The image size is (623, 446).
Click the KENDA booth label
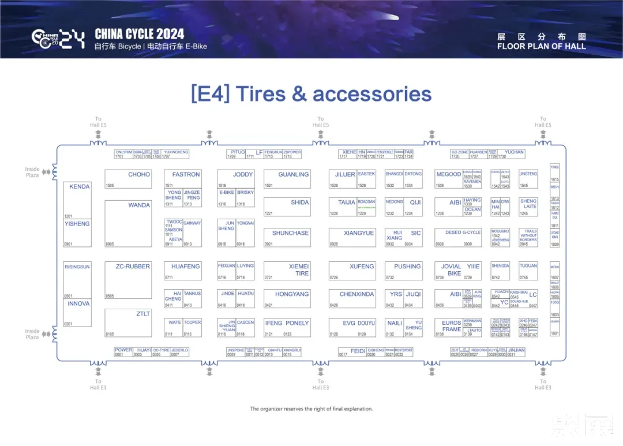(80, 187)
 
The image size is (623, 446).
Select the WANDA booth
(139, 205)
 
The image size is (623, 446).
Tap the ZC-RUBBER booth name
(133, 267)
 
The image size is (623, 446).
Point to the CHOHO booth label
(139, 174)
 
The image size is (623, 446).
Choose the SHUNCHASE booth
(290, 233)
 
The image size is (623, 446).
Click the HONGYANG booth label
(292, 294)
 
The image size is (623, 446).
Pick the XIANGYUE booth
(358, 233)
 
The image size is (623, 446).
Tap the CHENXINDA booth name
(356, 294)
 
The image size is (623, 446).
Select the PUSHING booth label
(407, 267)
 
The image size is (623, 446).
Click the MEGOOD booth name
(448, 174)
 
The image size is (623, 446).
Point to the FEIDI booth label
(358, 351)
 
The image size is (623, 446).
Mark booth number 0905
(110, 244)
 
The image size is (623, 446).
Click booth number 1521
(269, 186)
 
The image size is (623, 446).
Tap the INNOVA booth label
(79, 304)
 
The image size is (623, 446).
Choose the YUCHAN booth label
(514, 152)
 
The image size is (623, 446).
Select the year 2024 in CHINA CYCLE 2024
(165, 33)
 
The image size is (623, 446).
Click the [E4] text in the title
(210, 93)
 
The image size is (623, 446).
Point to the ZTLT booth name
(143, 314)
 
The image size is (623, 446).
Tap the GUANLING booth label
(294, 174)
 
